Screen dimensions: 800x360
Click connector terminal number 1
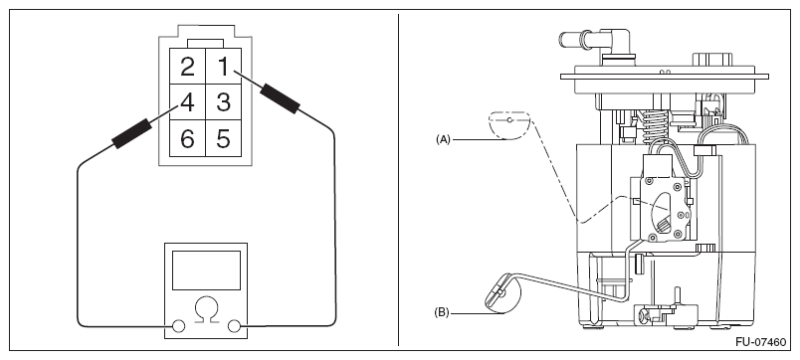[223, 67]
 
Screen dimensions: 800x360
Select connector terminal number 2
[187, 67]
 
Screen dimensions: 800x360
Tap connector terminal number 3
[223, 102]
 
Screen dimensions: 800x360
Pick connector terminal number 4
[187, 102]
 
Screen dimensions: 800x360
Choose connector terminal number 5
[223, 138]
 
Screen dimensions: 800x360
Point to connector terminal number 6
[187, 138]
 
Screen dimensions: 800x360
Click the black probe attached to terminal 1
[280, 98]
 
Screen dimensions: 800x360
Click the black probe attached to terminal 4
[131, 133]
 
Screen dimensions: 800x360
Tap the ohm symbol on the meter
[206, 309]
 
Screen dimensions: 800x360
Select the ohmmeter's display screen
[206, 270]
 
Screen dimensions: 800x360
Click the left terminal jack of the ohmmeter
[178, 326]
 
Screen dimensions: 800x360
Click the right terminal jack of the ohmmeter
[234, 326]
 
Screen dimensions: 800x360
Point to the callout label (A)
[443, 139]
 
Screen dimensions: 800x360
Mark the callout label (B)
[442, 312]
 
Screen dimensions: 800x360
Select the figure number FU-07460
[761, 342]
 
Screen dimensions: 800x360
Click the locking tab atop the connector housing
[205, 44]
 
